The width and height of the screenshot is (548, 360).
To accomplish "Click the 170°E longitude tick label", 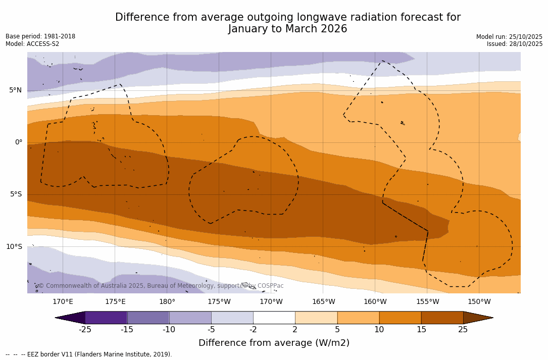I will point(63,302).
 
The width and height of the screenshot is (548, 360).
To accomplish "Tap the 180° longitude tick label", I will point(167,302).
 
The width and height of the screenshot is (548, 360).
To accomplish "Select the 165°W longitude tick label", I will point(323,302).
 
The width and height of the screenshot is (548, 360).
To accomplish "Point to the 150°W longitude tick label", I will point(479,302).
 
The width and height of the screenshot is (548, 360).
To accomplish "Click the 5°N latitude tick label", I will point(15,90).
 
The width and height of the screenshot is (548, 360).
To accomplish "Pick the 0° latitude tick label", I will point(19,142).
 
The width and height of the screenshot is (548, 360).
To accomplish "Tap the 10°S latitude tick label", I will point(14,247).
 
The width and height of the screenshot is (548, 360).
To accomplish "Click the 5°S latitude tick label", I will point(15,194).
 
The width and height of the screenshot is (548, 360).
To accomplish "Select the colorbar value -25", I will point(85,330).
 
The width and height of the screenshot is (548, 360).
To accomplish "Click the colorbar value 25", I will point(463,330).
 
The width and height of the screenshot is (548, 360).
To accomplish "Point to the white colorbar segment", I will point(274,318).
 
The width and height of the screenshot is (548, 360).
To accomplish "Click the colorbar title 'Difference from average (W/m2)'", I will point(274,343).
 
